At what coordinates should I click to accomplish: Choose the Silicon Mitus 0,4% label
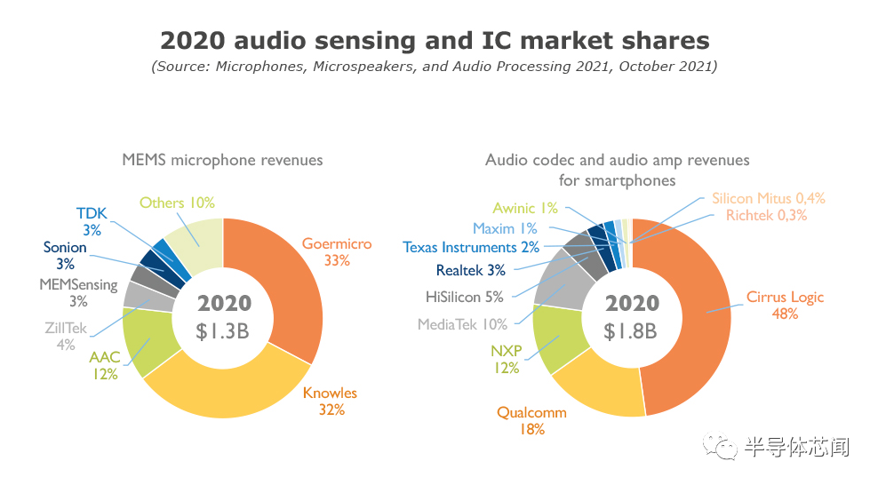coord(768,199)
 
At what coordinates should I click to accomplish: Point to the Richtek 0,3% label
coord(766,215)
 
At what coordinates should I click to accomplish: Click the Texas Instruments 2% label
coord(470,247)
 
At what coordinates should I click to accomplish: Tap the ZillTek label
coord(66,329)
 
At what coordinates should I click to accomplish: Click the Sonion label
coord(65,248)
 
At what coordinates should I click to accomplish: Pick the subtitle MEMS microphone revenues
coord(222,160)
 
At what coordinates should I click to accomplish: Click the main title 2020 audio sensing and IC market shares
coord(435,40)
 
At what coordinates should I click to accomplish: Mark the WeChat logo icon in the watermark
coord(721,446)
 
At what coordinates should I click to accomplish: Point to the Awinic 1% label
coord(525,208)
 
